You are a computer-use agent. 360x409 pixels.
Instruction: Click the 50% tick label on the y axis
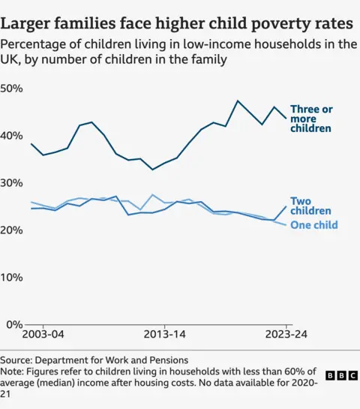pos(13,89)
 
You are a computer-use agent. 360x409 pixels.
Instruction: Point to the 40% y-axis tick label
pos(13,136)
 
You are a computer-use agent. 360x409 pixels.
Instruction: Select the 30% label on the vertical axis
pos(13,183)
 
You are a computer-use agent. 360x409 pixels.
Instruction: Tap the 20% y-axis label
pos(13,230)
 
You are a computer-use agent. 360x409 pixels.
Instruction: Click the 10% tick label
pos(13,277)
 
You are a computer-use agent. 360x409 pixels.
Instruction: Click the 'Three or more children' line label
pos(310,119)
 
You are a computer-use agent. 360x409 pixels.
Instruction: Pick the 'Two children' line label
pos(310,206)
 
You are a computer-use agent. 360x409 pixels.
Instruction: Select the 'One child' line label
pos(313,225)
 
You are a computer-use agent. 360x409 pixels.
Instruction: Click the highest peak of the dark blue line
pos(238,101)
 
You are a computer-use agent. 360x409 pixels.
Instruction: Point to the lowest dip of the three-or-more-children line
pos(152,170)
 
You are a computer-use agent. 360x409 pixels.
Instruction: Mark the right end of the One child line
pos(286,225)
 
